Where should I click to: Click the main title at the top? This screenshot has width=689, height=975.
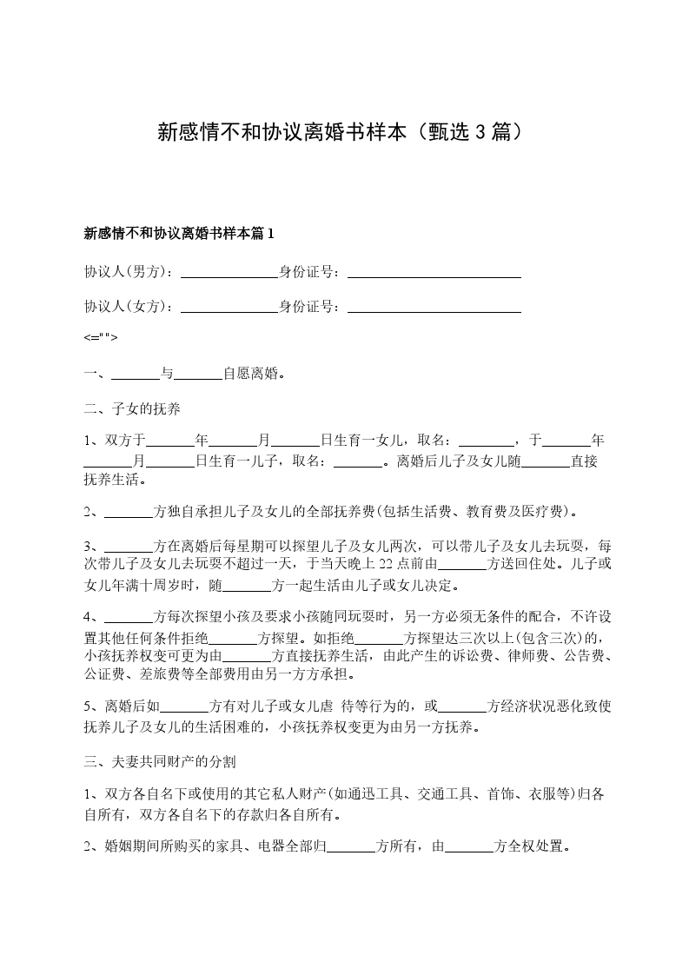coord(343,132)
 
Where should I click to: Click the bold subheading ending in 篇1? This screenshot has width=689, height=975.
coord(179,233)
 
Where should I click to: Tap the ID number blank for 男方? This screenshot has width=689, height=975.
coord(434,273)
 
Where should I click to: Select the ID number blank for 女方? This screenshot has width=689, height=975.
coord(434,307)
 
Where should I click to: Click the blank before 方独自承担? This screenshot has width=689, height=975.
coord(128,513)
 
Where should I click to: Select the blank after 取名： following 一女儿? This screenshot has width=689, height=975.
coord(486,441)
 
